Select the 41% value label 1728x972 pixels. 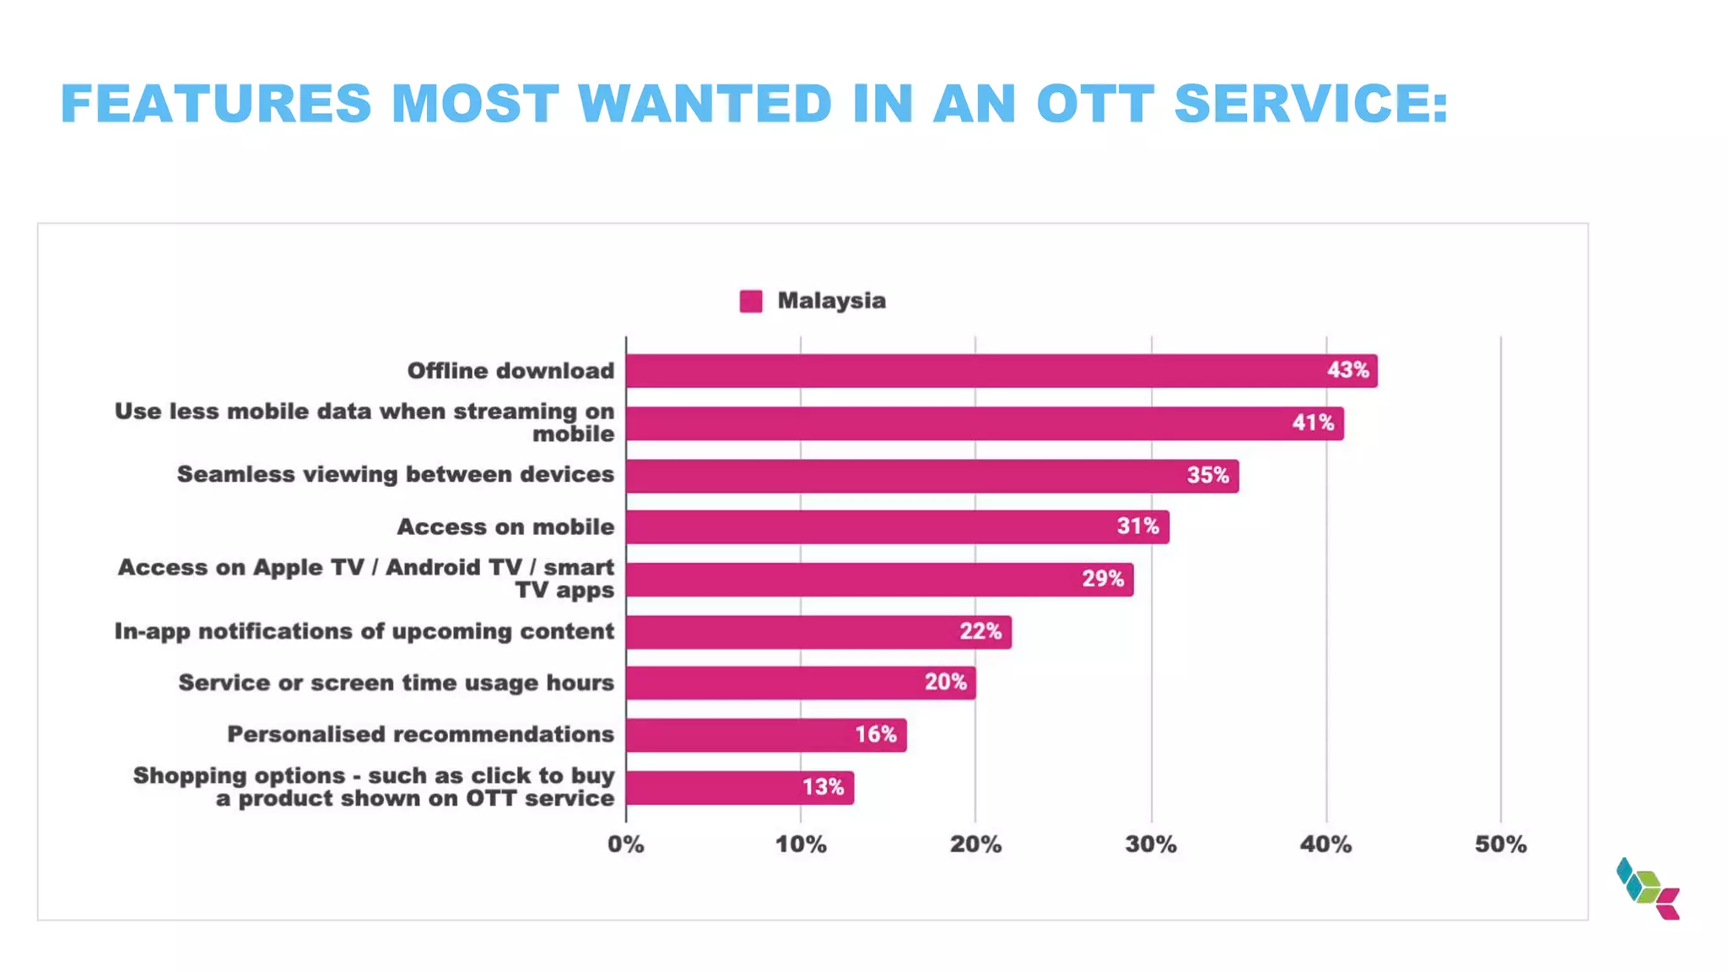pyautogui.click(x=1313, y=423)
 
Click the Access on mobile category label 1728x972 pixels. pyautogui.click(x=505, y=527)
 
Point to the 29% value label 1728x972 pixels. pyautogui.click(x=1103, y=579)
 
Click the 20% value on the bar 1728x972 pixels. pyautogui.click(x=945, y=683)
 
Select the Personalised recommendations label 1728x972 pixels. pyautogui.click(x=420, y=735)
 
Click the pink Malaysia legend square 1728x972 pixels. pyautogui.click(x=751, y=301)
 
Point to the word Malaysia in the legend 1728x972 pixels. pyautogui.click(x=831, y=301)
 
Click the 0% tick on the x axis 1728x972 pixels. pyautogui.click(x=626, y=845)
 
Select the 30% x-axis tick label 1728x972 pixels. pyautogui.click(x=1151, y=845)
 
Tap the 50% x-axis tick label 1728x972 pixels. pyautogui.click(x=1500, y=845)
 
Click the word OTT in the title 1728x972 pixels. pyautogui.click(x=1094, y=104)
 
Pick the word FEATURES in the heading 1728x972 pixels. pyautogui.click(x=216, y=104)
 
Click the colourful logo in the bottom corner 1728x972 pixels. pyautogui.click(x=1648, y=889)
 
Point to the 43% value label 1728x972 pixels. pyautogui.click(x=1347, y=370)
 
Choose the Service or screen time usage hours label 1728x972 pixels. pyautogui.click(x=396, y=683)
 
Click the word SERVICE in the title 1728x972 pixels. pyautogui.click(x=1310, y=104)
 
